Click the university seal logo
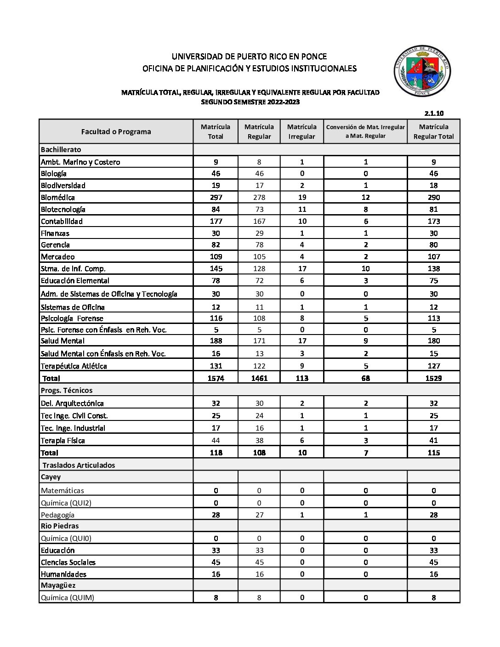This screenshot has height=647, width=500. pos(422,71)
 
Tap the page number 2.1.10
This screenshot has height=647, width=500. pos(434,113)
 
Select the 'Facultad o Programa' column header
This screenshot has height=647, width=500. pos(116,131)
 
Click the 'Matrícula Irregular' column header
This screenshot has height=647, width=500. pos(301,131)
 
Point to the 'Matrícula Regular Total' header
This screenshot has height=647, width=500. pos(433,131)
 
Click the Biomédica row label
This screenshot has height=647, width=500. pos(58,198)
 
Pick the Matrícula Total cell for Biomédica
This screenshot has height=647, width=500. pos(216,198)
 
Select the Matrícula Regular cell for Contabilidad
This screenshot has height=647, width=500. pos(259,221)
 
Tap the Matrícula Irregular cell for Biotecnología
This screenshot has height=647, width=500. pos(302,210)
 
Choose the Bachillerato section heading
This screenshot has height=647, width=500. pos(61,150)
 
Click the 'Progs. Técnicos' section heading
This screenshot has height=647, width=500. pos(67,391)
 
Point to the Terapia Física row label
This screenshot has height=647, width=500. pos(63,441)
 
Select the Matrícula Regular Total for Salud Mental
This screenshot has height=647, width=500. pos(433,341)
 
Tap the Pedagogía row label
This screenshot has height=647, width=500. pos(57,515)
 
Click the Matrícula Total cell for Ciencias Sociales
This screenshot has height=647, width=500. pos(216,562)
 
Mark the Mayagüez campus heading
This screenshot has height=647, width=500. pos(58,585)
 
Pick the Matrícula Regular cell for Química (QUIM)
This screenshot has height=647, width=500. pos(259,598)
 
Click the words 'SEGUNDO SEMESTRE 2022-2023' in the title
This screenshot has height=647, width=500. pos(250,102)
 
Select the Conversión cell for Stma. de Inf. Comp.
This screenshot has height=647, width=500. pos(365,269)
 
